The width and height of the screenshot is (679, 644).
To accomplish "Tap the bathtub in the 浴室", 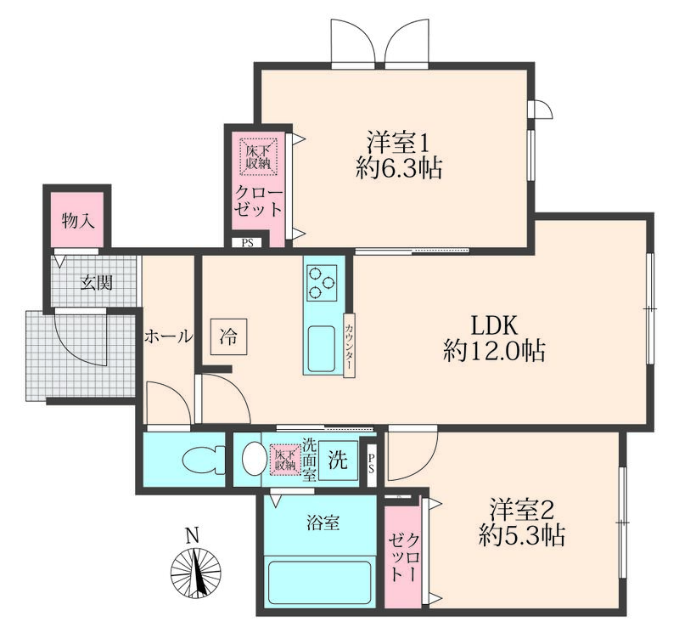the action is [320, 583].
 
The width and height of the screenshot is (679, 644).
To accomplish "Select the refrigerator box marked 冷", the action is [228, 337].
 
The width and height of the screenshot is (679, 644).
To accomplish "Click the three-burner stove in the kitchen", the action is [322, 283].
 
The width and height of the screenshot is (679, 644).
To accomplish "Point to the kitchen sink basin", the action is [322, 349].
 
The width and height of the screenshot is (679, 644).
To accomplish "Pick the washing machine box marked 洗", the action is [338, 460].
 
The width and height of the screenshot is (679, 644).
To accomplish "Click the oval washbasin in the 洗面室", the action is [254, 459].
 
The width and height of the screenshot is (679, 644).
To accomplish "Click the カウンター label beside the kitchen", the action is [349, 345].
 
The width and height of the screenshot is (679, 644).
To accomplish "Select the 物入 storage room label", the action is [78, 221].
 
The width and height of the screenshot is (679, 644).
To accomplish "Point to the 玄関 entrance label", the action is [97, 283].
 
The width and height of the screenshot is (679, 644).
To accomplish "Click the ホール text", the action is [168, 336].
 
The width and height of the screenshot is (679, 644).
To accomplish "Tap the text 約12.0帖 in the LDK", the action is [494, 351].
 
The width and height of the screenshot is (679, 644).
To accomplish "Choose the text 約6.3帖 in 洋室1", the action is [399, 168].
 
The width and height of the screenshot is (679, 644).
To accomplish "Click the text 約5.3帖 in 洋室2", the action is [522, 535].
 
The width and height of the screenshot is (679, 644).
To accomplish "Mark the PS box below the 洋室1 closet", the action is [247, 243].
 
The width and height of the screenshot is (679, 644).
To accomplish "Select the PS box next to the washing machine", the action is [372, 464].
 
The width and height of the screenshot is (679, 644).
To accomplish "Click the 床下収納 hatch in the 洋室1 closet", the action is [259, 157].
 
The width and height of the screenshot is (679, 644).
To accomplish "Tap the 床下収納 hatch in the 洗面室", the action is [286, 460].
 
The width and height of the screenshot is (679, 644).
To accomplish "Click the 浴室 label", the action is [323, 523].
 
